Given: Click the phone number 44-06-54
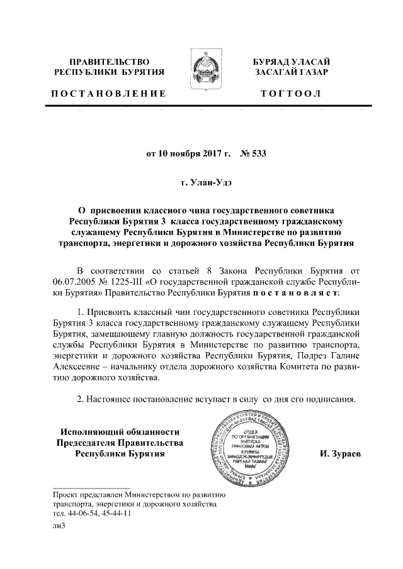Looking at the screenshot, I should point(78,513).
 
